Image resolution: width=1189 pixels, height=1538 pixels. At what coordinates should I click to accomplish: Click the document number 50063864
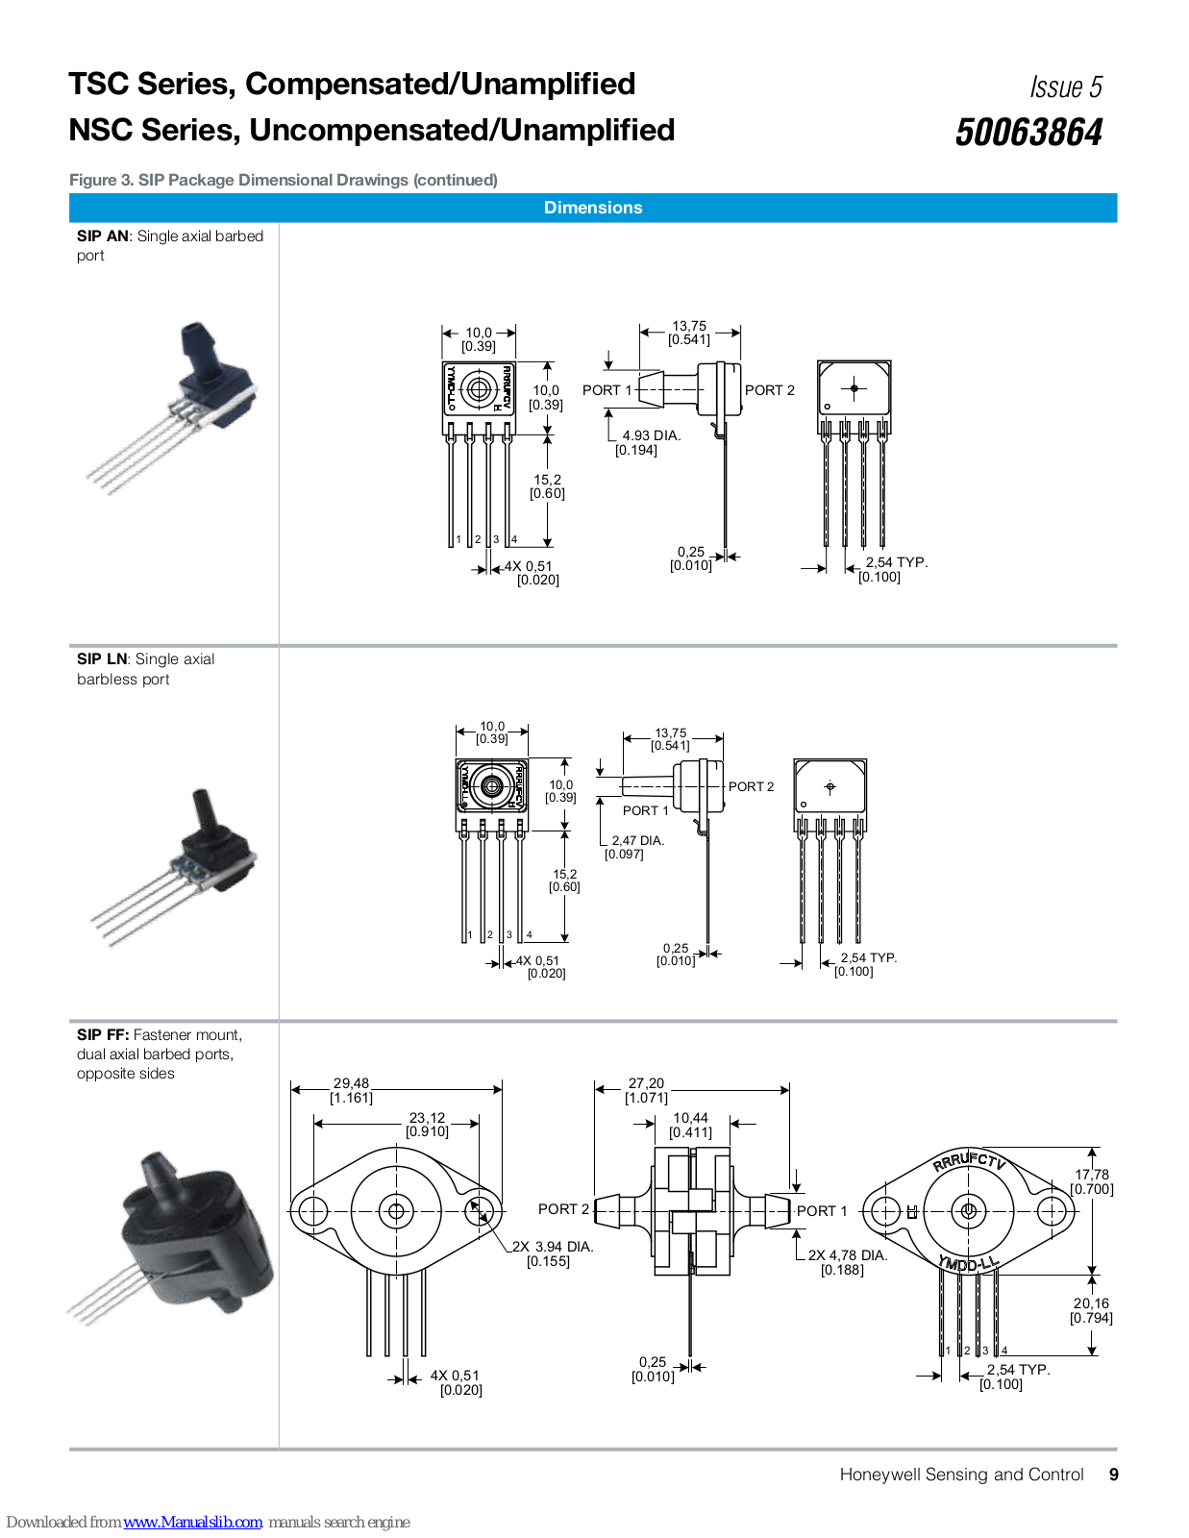click(x=1028, y=133)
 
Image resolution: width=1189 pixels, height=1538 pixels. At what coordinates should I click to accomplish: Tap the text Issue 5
click(x=1066, y=87)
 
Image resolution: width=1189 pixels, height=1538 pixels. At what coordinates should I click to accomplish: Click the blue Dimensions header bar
click(x=593, y=208)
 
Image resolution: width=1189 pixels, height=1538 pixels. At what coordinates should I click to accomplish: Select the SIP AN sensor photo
click(x=173, y=408)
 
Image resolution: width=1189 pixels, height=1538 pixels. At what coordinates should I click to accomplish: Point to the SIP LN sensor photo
click(x=174, y=868)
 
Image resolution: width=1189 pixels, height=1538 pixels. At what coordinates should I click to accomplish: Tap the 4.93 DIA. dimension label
click(x=652, y=435)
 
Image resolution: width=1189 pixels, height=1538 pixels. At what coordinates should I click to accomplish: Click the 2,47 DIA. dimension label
click(x=638, y=840)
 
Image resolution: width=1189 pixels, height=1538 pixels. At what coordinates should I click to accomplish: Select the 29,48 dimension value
click(x=352, y=1083)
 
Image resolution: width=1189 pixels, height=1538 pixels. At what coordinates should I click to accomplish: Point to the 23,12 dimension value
click(x=428, y=1118)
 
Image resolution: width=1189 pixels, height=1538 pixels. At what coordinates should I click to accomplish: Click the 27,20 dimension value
click(x=646, y=1083)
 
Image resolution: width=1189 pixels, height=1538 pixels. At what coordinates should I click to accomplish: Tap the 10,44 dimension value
click(x=690, y=1118)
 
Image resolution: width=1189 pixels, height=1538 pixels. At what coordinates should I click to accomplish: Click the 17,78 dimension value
click(x=1091, y=1175)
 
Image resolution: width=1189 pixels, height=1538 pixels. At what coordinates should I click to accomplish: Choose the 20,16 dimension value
click(x=1091, y=1303)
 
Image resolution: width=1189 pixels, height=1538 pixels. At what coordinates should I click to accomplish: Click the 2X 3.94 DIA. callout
click(x=553, y=1247)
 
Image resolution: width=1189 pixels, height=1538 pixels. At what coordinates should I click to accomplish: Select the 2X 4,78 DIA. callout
click(x=848, y=1254)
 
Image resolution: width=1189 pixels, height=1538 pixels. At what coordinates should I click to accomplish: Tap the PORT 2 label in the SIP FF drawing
click(x=563, y=1209)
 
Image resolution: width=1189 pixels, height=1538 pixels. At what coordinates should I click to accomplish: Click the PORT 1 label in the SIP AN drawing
click(x=607, y=390)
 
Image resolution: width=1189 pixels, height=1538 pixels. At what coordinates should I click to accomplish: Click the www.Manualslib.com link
click(x=192, y=1522)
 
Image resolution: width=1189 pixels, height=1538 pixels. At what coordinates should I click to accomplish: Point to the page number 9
click(x=1113, y=1475)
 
